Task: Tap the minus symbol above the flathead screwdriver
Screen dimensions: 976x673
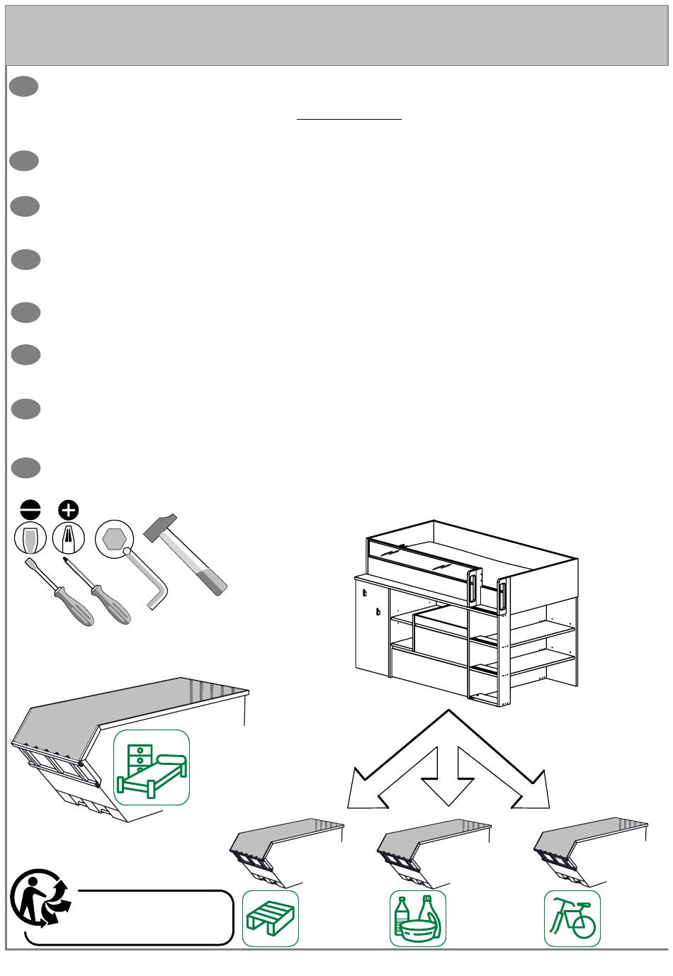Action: pos(30,510)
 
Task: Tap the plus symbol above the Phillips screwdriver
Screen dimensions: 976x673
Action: pos(69,510)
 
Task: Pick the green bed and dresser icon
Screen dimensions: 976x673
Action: pos(152,768)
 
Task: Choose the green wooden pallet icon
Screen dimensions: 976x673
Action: pos(271,919)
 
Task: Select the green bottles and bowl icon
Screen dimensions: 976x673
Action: pos(418,919)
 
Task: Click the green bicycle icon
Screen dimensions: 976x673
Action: pos(572,919)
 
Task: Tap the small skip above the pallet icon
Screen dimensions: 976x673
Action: pos(283,850)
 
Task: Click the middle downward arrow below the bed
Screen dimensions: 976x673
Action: pos(448,776)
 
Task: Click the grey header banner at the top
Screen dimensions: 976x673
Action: pos(336,35)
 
